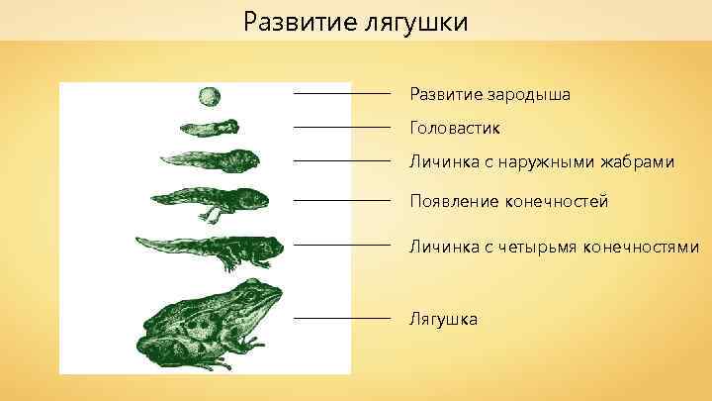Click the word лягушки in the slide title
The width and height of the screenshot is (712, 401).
click(413, 22)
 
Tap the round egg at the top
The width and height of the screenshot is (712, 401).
click(210, 96)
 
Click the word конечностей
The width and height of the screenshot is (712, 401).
click(559, 202)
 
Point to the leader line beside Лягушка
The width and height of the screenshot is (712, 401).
click(342, 319)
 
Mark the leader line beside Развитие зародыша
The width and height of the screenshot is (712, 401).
click(342, 93)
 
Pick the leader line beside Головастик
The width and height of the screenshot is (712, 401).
click(342, 128)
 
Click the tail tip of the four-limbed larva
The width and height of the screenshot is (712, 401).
click(138, 241)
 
